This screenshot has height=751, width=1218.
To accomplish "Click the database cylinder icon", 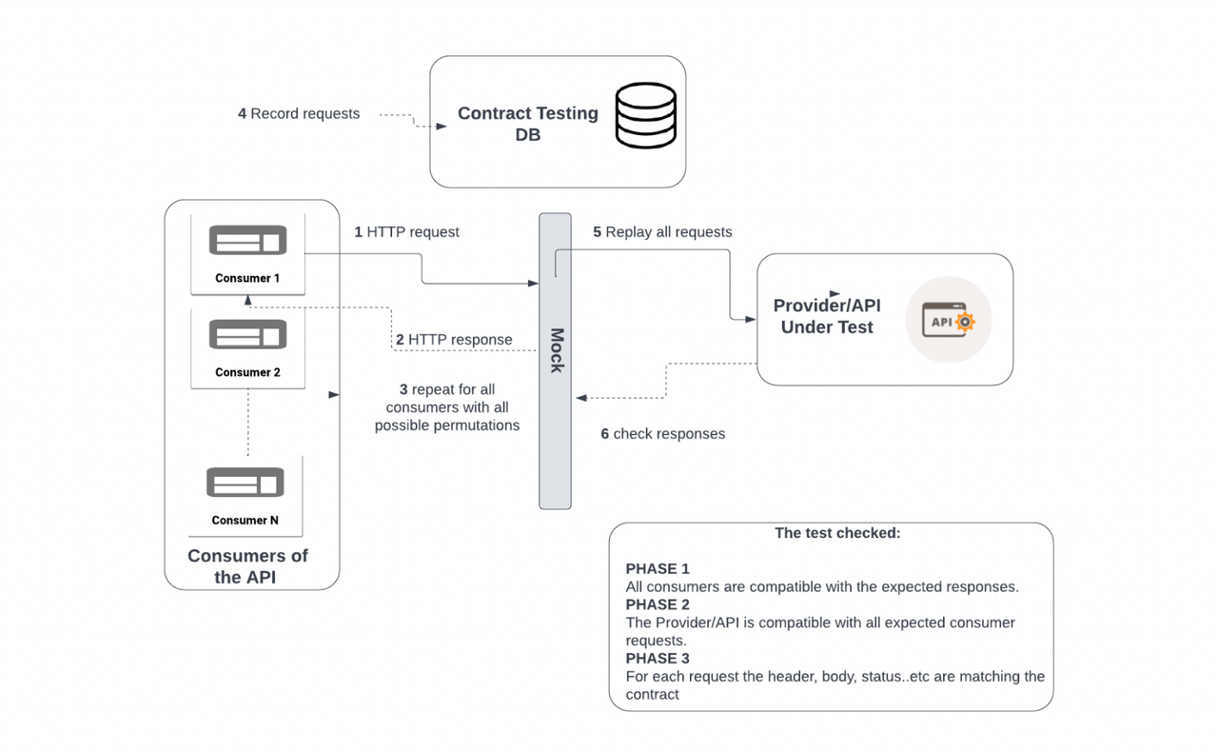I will click(645, 117).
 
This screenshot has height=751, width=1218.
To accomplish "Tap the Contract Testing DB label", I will click(527, 124).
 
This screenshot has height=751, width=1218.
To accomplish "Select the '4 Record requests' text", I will click(299, 114).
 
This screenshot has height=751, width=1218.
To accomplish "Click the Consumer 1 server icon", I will click(247, 241).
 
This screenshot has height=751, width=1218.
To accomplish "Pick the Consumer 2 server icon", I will click(247, 335).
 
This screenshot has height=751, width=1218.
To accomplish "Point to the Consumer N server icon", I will click(246, 483).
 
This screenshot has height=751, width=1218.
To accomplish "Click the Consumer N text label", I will click(246, 521).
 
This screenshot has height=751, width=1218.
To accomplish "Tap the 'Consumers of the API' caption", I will click(247, 566).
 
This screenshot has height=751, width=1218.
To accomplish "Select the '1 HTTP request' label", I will click(406, 232).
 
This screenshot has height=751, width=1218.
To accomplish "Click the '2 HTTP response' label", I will click(454, 340).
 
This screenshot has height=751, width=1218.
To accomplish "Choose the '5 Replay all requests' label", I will click(662, 232).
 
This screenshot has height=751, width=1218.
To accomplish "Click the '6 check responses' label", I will click(662, 434).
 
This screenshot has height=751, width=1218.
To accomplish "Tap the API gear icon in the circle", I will click(948, 321).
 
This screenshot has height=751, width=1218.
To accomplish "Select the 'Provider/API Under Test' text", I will click(826, 316).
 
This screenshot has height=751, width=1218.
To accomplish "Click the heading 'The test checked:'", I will click(837, 533).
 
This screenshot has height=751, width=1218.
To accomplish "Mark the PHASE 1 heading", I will click(658, 569).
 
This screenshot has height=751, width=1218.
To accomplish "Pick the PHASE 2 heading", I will click(658, 604).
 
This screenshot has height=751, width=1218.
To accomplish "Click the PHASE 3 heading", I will click(658, 659).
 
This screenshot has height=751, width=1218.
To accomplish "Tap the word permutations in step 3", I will click(472, 425).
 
